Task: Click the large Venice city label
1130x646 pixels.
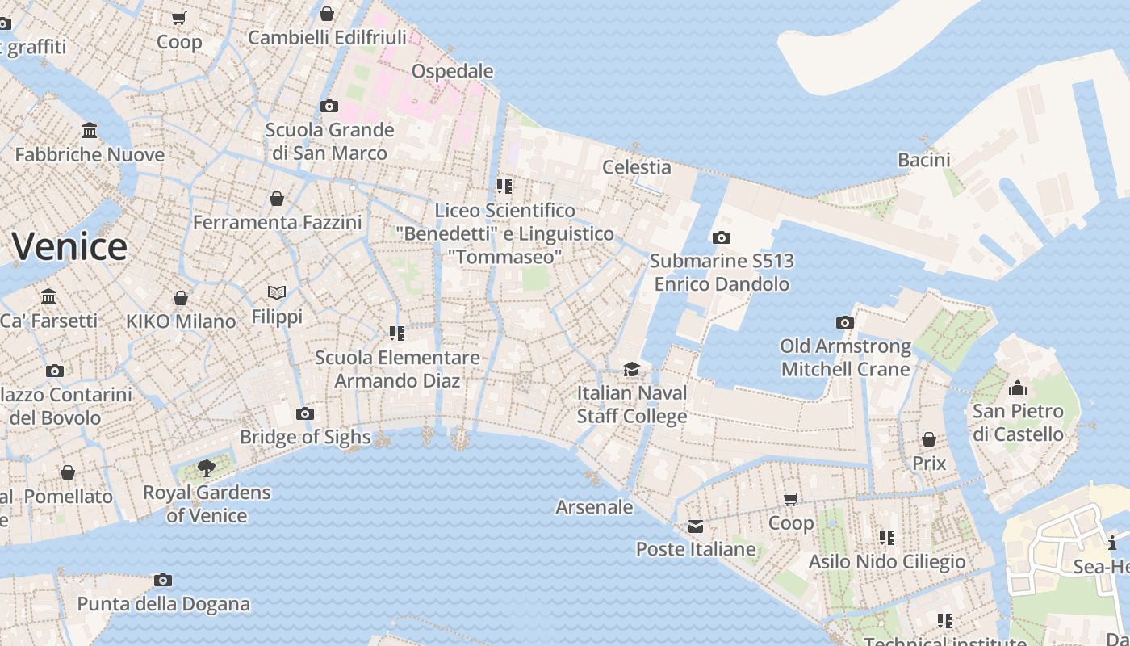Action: (69, 246)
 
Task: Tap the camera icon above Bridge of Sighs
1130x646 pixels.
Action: (304, 414)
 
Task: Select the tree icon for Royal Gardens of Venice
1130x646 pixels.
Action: (207, 468)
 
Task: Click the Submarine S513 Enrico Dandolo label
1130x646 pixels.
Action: (722, 273)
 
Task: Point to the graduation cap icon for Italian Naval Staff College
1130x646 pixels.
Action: (631, 370)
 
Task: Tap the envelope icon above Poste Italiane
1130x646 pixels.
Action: (696, 527)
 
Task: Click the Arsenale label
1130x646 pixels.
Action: (594, 507)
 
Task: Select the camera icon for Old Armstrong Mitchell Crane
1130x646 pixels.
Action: (845, 323)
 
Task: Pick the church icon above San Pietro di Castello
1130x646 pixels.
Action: (1018, 388)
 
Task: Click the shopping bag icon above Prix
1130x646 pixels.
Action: (929, 440)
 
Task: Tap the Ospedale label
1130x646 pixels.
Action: (452, 71)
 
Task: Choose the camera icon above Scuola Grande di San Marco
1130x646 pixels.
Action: (329, 107)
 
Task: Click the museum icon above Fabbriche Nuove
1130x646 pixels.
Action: (90, 131)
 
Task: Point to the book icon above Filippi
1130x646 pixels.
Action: (277, 293)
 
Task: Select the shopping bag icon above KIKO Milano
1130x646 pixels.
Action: (181, 298)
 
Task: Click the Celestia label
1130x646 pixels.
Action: (637, 167)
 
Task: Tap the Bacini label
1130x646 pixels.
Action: (924, 160)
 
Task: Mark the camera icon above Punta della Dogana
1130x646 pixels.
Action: (163, 581)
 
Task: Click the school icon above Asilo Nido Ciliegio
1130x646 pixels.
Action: (887, 538)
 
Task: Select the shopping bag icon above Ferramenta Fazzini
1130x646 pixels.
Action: (277, 199)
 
